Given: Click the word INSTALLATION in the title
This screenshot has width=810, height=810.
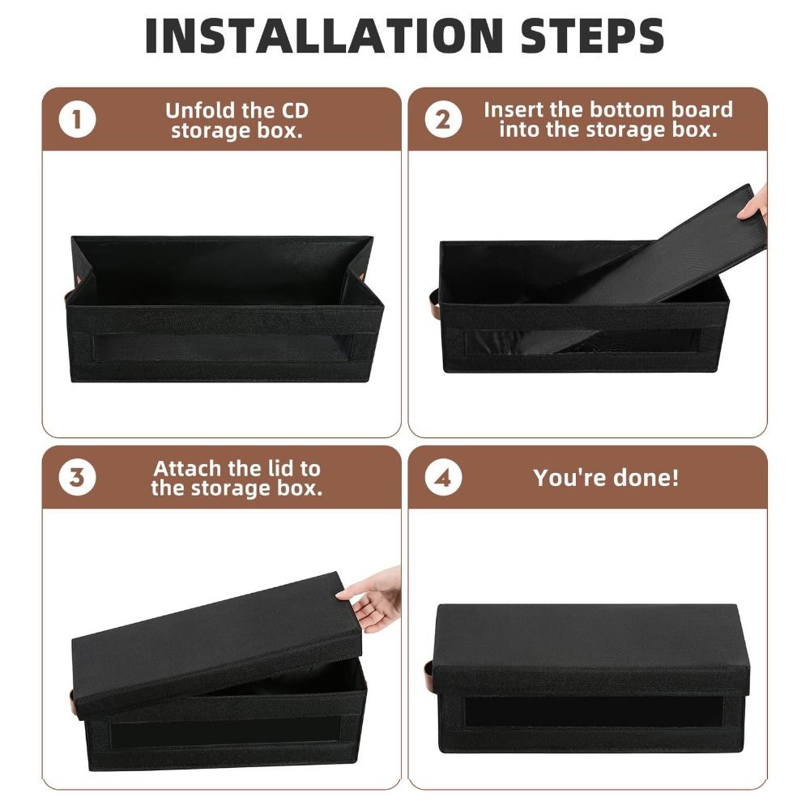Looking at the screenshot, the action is (324, 36).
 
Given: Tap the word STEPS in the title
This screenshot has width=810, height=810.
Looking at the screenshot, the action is (592, 36).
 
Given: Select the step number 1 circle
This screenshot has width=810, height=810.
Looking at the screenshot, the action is (77, 119).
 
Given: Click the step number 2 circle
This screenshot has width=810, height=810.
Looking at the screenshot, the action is (443, 119).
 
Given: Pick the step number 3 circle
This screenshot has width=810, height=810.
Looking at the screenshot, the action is (77, 477).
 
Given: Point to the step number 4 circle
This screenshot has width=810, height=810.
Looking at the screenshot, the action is (443, 477).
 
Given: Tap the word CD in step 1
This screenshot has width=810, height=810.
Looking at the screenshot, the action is (295, 110).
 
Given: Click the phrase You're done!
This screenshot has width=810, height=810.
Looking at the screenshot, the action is (606, 477).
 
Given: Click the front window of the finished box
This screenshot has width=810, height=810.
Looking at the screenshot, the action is (594, 712).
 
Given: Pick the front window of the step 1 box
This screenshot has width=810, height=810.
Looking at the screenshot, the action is (224, 347).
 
